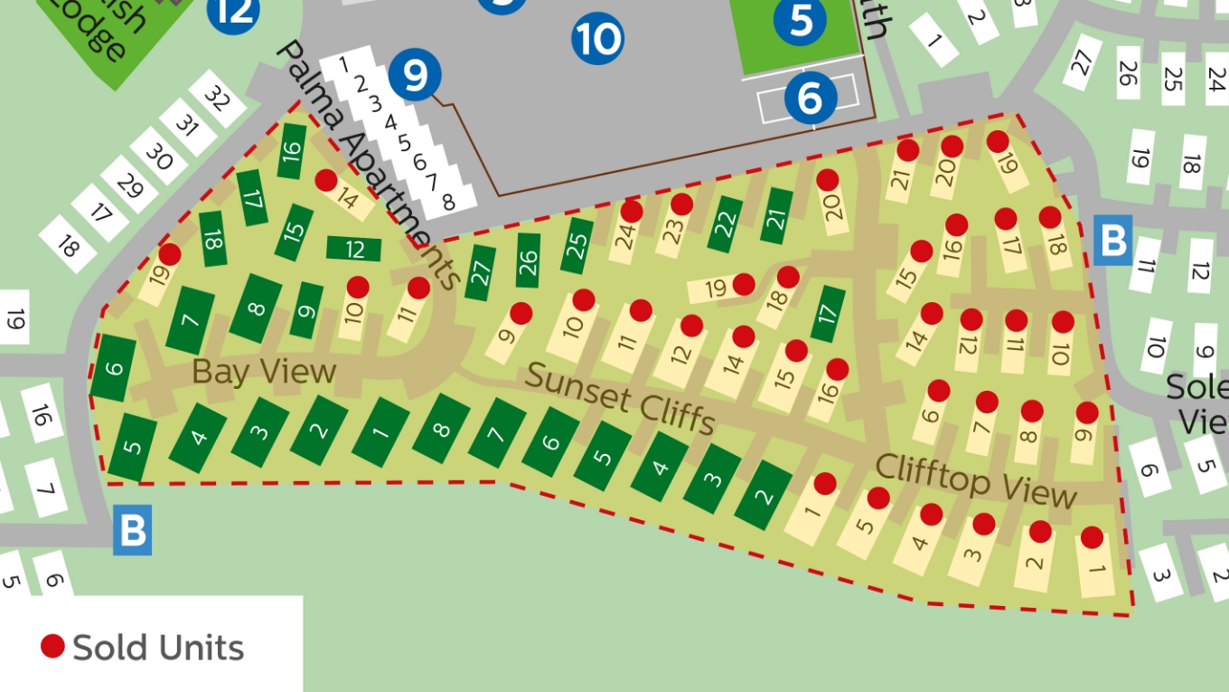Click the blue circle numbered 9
(x=415, y=76)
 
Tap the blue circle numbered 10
(x=597, y=39)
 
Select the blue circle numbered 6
(x=810, y=96)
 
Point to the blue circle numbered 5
(x=802, y=20)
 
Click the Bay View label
(x=264, y=371)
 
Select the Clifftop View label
(x=976, y=479)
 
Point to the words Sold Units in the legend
(x=158, y=648)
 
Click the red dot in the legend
(x=52, y=646)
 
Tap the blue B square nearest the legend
(x=133, y=530)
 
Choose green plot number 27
(x=482, y=271)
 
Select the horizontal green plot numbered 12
(x=354, y=248)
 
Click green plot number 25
(x=578, y=245)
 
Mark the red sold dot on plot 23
(x=681, y=204)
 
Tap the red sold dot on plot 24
(x=632, y=212)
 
